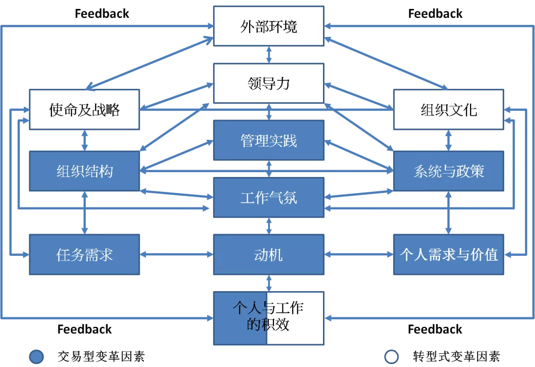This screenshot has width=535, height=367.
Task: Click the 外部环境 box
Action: coord(268,26)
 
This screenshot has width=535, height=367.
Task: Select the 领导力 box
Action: coord(268,83)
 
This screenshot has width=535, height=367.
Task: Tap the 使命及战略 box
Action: coord(84,110)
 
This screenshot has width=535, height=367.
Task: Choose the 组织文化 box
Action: coord(448,110)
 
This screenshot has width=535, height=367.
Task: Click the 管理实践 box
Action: coord(268,140)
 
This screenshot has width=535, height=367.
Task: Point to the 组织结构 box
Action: coord(84,172)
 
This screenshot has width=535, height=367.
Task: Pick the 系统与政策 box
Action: coord(448,172)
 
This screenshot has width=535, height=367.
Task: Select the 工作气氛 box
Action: coord(268,198)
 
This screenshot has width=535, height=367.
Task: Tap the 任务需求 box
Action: coord(84,255)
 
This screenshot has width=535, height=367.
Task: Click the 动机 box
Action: coord(268,255)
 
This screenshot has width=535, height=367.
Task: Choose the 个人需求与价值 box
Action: coord(448,255)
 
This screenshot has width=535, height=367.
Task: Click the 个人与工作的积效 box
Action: coord(268,317)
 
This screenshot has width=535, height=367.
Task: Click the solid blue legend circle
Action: coord(37,357)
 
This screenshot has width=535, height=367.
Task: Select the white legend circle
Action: coord(391,357)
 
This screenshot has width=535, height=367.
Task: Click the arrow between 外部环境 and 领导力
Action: coord(268,55)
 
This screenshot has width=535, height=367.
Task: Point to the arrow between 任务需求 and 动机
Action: coord(177,255)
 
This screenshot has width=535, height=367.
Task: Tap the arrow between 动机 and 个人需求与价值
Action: coord(359,255)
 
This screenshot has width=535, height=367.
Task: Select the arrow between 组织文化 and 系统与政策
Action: coord(448,140)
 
